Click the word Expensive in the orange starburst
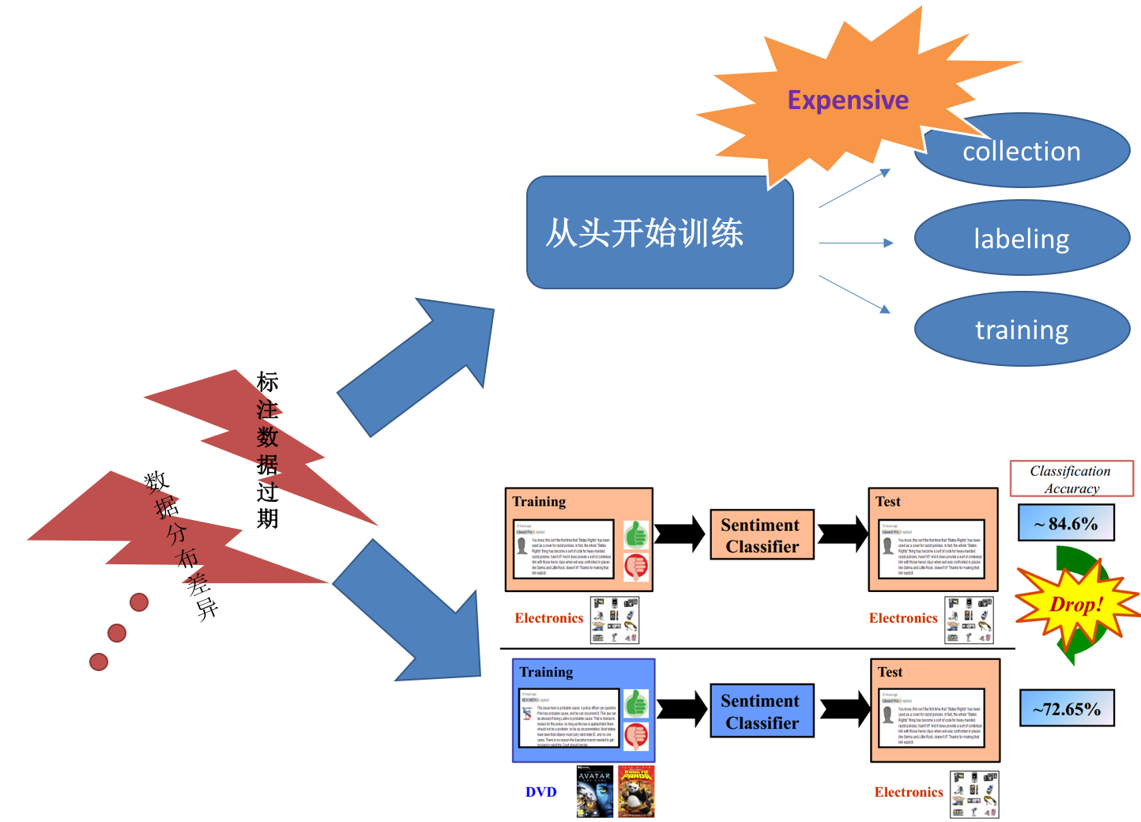click(x=848, y=100)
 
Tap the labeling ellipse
click(x=1021, y=239)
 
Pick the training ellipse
click(x=1021, y=330)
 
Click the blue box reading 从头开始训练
click(x=659, y=233)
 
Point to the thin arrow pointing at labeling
click(x=857, y=243)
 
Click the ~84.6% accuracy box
click(x=1066, y=524)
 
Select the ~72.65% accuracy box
click(x=1066, y=709)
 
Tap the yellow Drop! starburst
click(x=1074, y=605)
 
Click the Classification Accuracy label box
click(x=1071, y=479)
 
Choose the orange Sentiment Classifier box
click(x=762, y=535)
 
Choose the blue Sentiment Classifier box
click(x=762, y=711)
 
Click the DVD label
click(x=541, y=792)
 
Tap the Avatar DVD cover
click(x=594, y=791)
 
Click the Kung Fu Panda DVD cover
click(x=636, y=791)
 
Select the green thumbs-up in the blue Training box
click(x=636, y=703)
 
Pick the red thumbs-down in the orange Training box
click(x=636, y=566)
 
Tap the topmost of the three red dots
click(x=139, y=602)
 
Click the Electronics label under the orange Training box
click(x=548, y=618)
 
